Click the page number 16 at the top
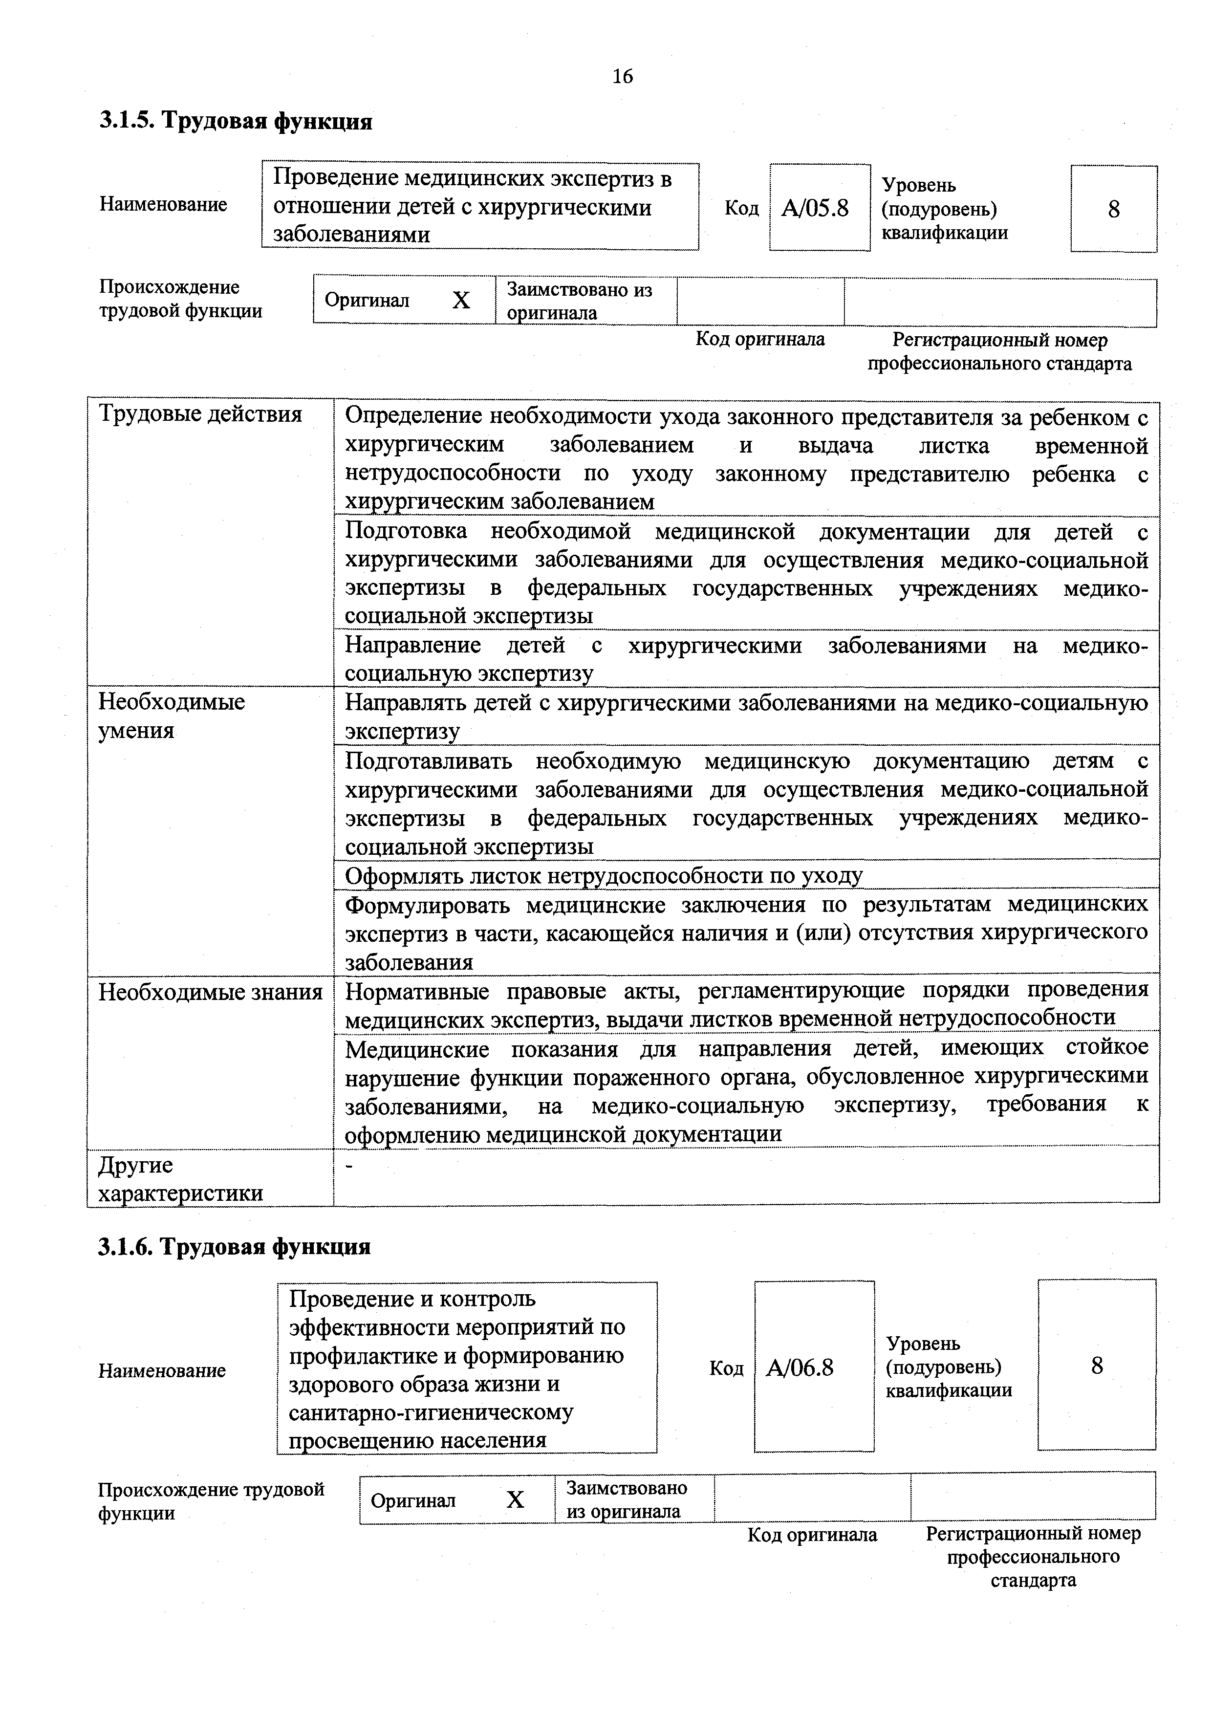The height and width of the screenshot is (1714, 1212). [623, 76]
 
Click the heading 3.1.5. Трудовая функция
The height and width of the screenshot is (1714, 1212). [236, 120]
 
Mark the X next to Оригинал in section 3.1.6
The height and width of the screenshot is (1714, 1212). [515, 1500]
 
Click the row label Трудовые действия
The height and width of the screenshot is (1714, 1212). [201, 414]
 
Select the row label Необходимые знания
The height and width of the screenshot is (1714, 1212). [211, 992]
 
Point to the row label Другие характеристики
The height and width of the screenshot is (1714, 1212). [181, 1179]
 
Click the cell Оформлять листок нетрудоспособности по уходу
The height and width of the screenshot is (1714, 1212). [603, 875]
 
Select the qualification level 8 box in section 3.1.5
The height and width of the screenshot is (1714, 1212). [1113, 209]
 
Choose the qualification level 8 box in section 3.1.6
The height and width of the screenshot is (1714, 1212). [1096, 1366]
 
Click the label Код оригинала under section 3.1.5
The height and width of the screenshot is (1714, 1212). [760, 340]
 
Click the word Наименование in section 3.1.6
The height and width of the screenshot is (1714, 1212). [162, 1370]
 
